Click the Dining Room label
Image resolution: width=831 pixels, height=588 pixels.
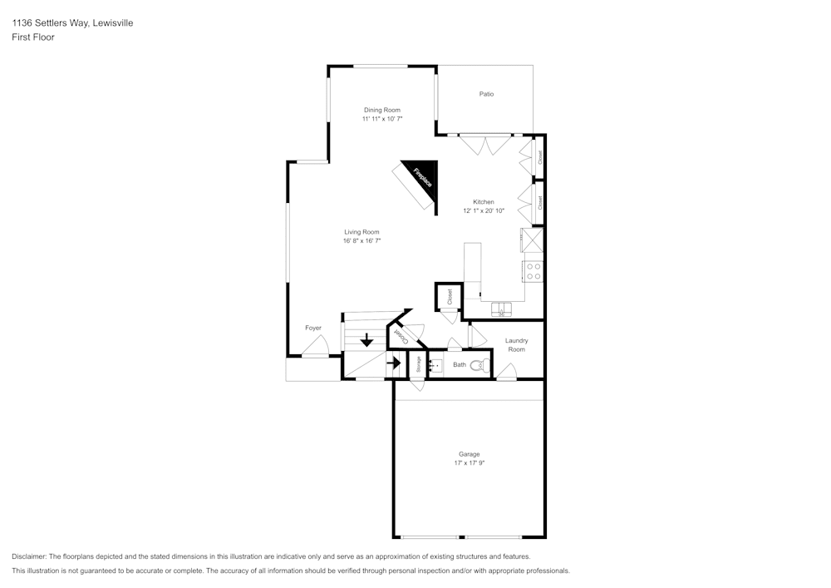point(381,110)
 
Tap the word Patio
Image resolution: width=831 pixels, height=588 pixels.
point(486,94)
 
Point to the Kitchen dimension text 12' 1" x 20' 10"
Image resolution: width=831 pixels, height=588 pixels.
point(484,211)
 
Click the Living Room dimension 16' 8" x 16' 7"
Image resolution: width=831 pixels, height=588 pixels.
point(361,241)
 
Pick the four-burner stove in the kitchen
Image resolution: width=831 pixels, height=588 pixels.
point(533,271)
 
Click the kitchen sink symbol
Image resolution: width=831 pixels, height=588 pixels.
point(501,310)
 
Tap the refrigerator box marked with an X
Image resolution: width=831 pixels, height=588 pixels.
point(532,240)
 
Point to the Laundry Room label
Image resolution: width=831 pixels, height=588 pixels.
point(516,345)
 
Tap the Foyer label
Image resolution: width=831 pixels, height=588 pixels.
point(312,329)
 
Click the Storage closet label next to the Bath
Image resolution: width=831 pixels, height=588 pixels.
point(418,364)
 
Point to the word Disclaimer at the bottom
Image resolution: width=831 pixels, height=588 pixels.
point(28,556)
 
